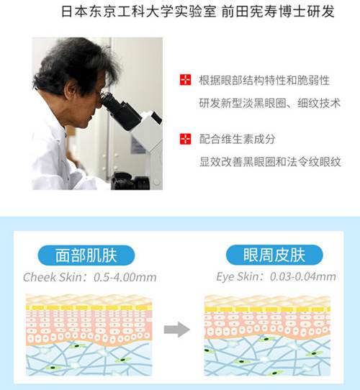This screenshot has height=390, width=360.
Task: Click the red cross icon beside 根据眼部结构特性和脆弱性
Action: click(185, 80)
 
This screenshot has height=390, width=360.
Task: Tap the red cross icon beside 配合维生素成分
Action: click(185, 139)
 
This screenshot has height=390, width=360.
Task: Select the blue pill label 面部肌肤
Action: click(86, 255)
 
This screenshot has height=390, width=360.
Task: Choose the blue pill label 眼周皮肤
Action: click(274, 255)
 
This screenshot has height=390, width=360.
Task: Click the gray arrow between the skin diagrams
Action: click(177, 330)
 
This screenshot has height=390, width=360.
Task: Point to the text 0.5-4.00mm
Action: click(125, 277)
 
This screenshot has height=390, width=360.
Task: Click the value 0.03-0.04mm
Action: click(303, 276)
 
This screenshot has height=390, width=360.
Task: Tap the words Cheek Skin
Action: click(53, 277)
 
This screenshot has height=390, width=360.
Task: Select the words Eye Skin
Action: click(237, 276)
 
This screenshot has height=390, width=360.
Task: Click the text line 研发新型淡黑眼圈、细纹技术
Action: click(269, 103)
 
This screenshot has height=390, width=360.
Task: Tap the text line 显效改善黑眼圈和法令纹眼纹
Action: click(270, 162)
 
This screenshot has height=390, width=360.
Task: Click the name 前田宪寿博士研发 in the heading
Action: click(278, 12)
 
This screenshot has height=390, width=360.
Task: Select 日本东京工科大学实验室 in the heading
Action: click(139, 12)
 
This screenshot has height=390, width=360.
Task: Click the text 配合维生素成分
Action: click(238, 139)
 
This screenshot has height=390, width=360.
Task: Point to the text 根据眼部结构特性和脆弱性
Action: click(264, 80)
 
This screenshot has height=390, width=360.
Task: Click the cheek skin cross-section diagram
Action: click(89, 335)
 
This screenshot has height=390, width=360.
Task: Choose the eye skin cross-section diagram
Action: click(267, 335)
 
